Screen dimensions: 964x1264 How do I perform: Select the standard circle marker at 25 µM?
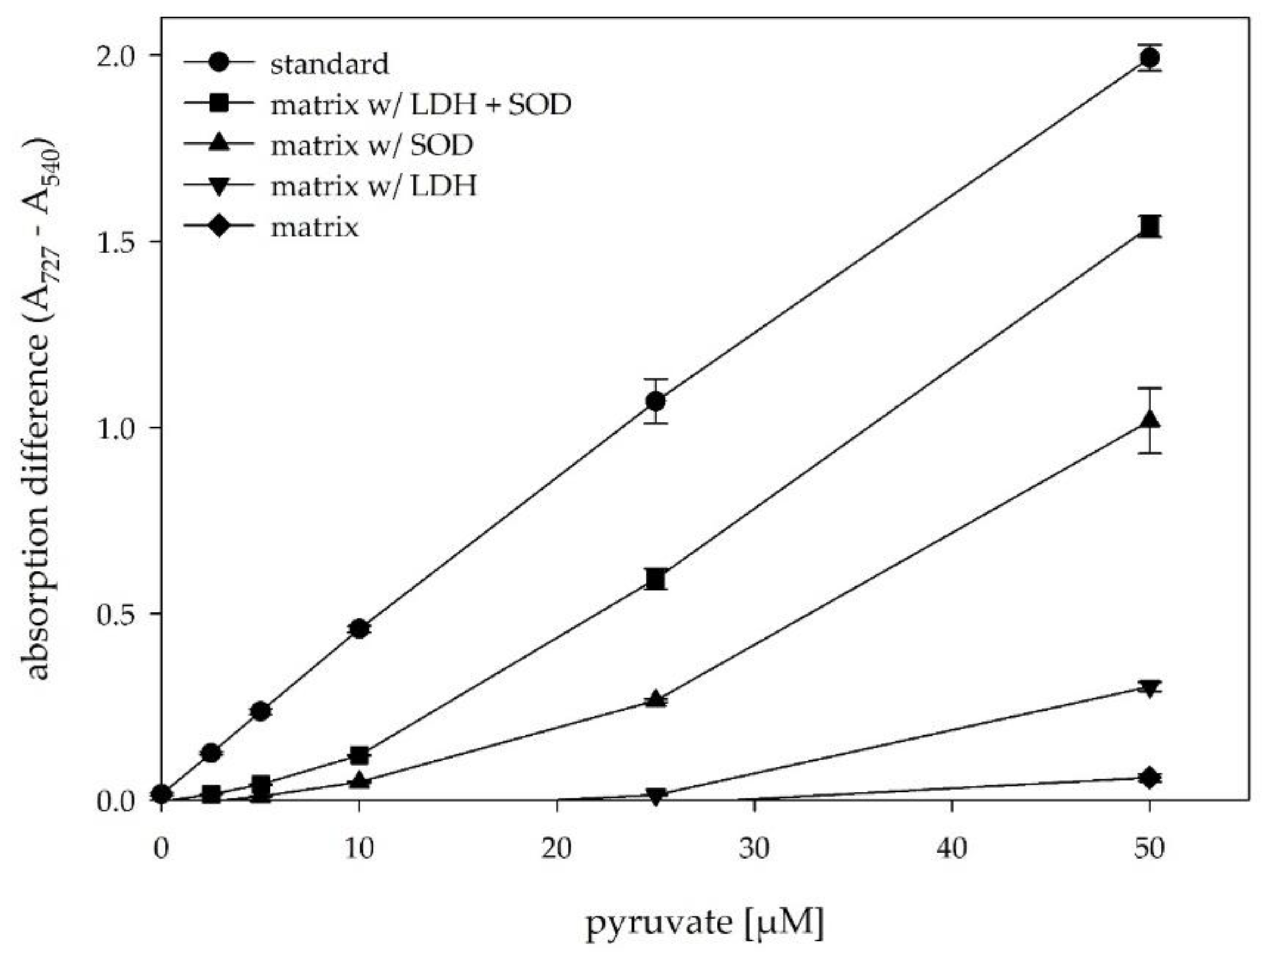click(x=656, y=401)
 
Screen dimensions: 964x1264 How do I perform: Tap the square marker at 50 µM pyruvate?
click(x=1149, y=226)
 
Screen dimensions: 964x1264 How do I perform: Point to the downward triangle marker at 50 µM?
click(x=1149, y=688)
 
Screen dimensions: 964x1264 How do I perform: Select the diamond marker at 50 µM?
click(x=1149, y=778)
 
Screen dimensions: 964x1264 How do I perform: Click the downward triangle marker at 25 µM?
click(x=656, y=797)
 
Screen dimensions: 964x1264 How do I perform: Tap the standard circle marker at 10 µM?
click(x=359, y=629)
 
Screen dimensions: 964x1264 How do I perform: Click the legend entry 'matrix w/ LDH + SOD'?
click(x=421, y=104)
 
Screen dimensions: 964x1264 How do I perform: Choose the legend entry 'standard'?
click(x=329, y=64)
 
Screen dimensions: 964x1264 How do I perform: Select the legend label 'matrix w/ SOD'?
click(x=372, y=145)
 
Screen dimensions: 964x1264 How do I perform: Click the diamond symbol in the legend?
click(x=219, y=227)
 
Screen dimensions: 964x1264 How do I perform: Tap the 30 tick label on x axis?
click(x=754, y=847)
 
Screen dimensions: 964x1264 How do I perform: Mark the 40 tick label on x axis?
click(x=952, y=847)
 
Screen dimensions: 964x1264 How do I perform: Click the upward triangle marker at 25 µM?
click(x=656, y=699)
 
